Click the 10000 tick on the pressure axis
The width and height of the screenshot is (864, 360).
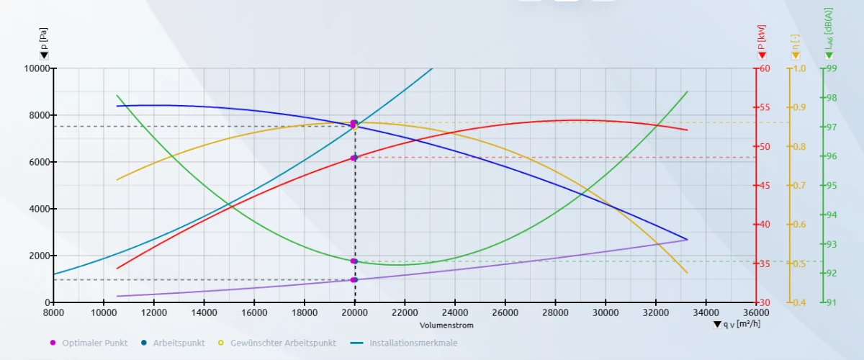[x=35, y=68]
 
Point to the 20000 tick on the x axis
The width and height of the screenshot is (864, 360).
[x=354, y=312]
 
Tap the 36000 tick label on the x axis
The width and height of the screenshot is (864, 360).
[x=755, y=312]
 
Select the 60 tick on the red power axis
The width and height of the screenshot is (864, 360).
[x=764, y=68]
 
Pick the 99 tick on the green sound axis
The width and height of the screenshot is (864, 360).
[x=832, y=68]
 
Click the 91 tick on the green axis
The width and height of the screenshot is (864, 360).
[x=832, y=302]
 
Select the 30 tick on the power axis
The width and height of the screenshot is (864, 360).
[x=764, y=302]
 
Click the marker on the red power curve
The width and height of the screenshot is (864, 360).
[x=354, y=158]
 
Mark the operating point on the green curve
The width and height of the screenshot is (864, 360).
[x=354, y=261]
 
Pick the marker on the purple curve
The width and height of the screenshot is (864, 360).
[x=354, y=279]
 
